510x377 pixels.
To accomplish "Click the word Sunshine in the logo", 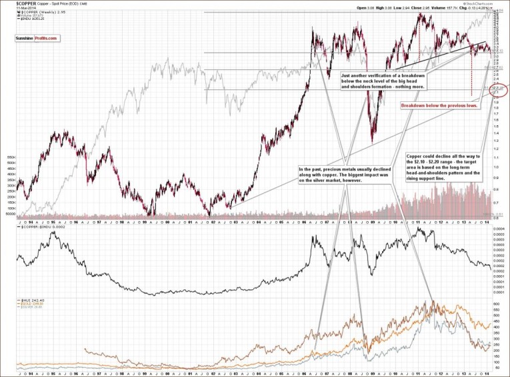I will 25,39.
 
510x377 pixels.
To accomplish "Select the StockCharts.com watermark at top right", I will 489,3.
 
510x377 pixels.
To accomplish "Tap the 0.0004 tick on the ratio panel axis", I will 499,228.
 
